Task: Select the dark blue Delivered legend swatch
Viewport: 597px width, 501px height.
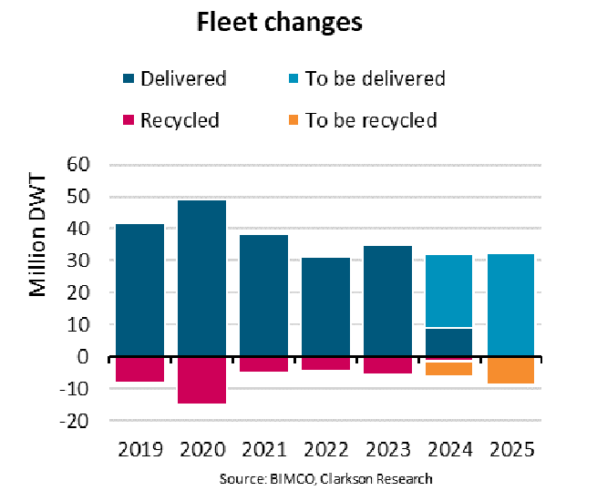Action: point(128,78)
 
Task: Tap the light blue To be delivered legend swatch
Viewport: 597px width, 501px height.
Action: point(292,78)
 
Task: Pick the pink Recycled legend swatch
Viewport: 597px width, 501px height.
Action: point(128,120)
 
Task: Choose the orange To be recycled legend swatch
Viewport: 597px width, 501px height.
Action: point(292,120)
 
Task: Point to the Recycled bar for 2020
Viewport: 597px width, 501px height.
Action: point(201,380)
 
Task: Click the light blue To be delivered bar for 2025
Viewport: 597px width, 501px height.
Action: point(510,305)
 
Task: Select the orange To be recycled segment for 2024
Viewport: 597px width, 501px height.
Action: point(448,368)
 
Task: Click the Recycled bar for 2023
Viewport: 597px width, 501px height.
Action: point(387,364)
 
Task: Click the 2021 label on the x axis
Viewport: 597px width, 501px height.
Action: point(263,450)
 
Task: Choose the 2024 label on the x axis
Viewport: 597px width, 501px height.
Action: point(448,450)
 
